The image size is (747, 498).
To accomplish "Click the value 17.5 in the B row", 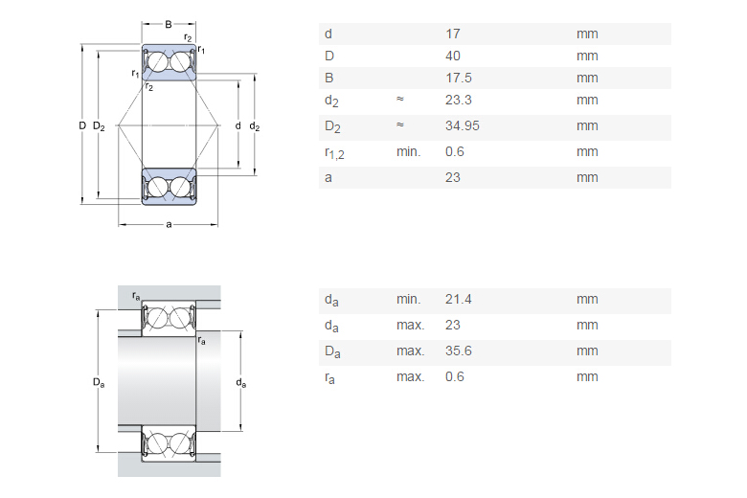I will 458,78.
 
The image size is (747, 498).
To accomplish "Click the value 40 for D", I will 453,56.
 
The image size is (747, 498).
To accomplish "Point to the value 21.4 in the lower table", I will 458,299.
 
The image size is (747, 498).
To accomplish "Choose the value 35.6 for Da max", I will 458,351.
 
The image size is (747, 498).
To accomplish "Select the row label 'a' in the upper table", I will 328,177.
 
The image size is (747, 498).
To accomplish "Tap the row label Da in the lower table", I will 332,351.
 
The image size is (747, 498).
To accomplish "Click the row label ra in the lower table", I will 330,377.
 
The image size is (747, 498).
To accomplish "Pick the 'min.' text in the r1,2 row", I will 408,151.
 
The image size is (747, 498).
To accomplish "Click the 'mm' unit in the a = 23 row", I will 587,177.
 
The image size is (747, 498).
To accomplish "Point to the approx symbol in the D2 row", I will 400,125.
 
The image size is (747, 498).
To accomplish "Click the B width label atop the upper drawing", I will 169,23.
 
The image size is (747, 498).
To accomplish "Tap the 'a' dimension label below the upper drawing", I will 169,224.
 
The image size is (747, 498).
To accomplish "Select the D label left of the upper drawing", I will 82,125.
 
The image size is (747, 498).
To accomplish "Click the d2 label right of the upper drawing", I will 254,125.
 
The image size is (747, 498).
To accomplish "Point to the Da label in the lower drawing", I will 98,382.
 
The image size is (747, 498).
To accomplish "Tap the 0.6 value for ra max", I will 454,376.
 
